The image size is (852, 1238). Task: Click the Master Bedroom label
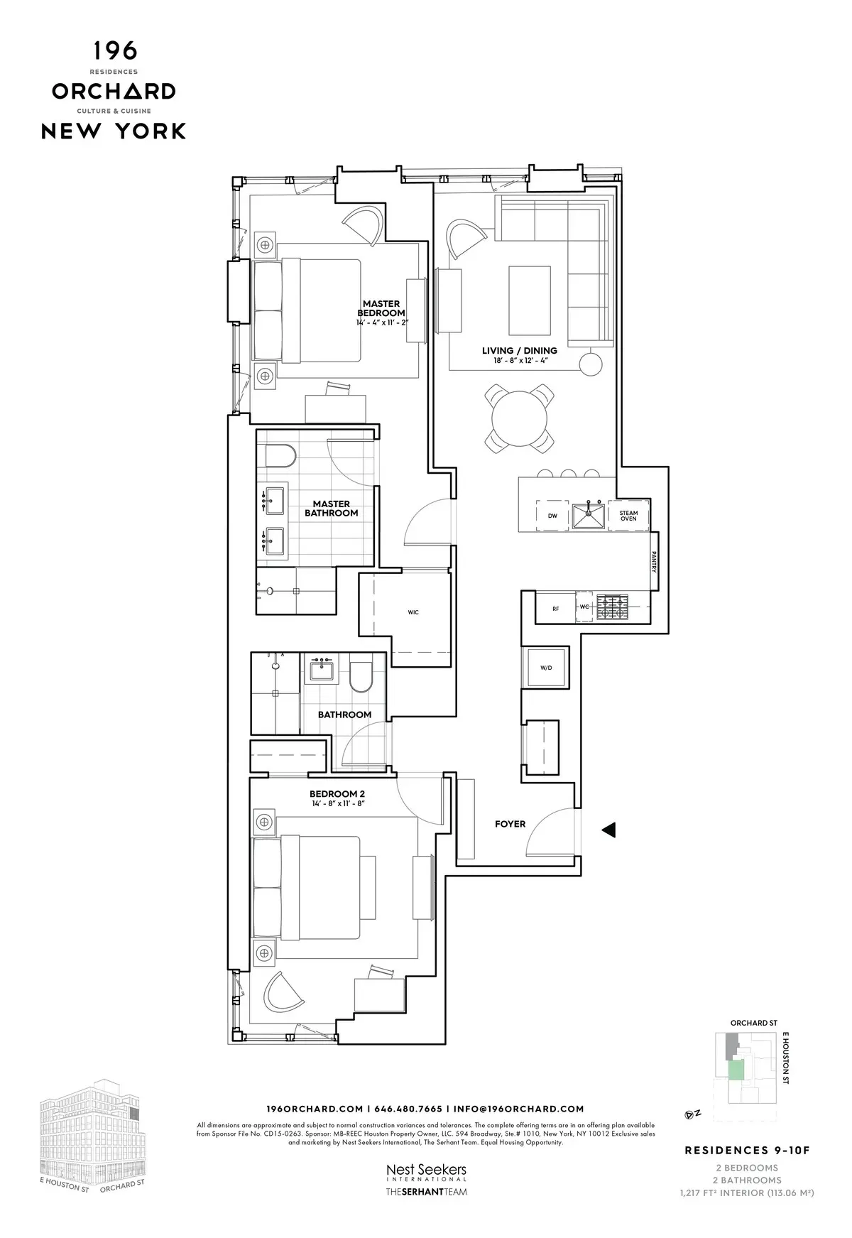coord(381,308)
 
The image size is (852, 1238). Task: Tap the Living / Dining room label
coord(519,350)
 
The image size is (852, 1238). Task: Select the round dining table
coord(521,419)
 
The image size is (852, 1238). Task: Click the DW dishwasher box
coord(552,516)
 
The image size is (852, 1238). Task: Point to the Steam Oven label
coord(628,516)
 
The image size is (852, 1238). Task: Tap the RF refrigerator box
coord(556,608)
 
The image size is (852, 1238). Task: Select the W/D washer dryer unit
coord(545,668)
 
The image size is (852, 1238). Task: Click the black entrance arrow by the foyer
coord(608,830)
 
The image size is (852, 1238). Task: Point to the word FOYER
coord(510,824)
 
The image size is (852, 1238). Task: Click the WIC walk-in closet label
coord(413,612)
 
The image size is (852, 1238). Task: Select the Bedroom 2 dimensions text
coord(337,803)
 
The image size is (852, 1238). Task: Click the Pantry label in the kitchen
coord(653,563)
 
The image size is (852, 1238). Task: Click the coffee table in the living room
coord(530,300)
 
